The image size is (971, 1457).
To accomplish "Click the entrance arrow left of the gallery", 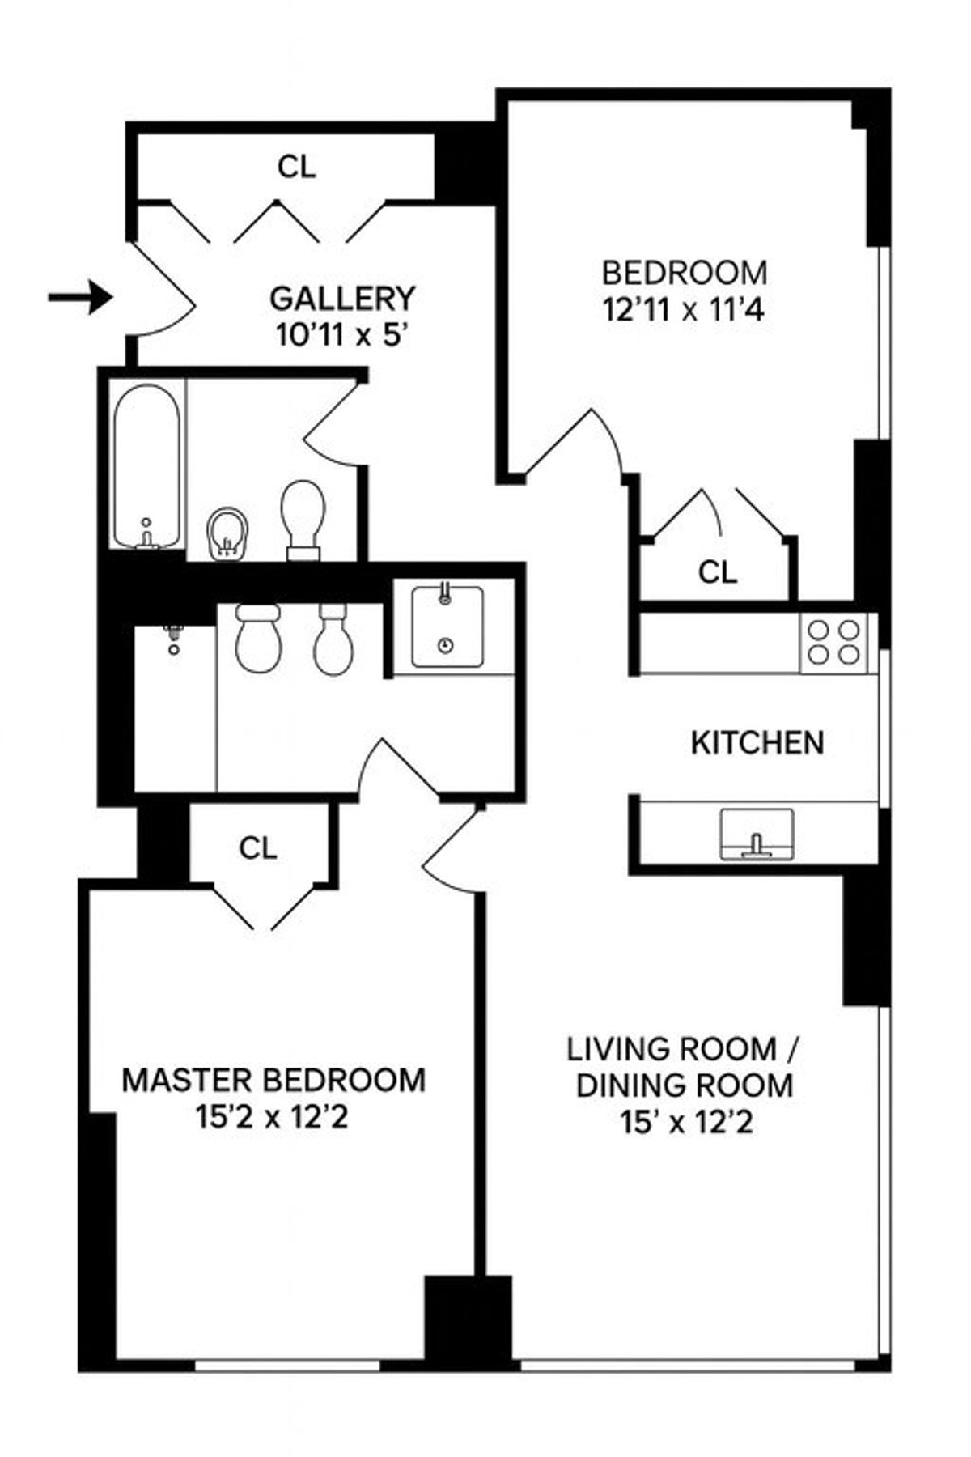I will [x=79, y=297].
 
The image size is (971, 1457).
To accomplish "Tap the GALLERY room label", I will [x=341, y=299].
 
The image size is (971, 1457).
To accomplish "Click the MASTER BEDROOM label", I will [x=273, y=1080].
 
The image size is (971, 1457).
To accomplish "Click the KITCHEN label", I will [x=757, y=742].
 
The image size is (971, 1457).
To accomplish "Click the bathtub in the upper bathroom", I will [x=146, y=467].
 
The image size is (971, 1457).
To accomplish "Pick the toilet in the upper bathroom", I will [x=303, y=516].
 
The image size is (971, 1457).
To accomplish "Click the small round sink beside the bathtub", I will [x=227, y=533].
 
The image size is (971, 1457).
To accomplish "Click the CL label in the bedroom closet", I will [x=718, y=572].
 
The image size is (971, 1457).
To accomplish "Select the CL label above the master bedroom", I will [x=258, y=847].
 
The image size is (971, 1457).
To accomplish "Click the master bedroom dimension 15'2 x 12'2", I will [x=272, y=1118].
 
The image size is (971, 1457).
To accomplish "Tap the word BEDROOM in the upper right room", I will [x=684, y=273].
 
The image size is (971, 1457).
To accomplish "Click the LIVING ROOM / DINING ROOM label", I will [x=684, y=1067].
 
